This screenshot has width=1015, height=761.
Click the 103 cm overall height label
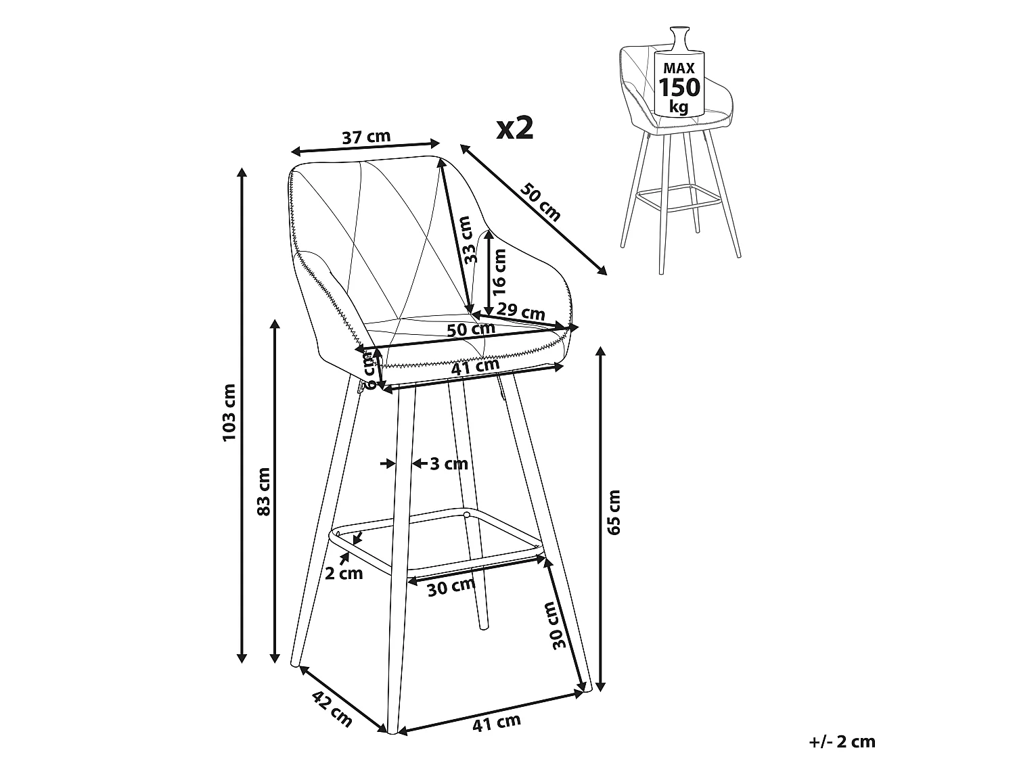[x=230, y=413]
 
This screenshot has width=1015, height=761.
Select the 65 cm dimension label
[x=614, y=513]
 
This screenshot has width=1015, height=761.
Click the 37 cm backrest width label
[x=366, y=137]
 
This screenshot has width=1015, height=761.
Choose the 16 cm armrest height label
[x=499, y=272]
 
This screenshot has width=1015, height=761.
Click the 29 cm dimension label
[x=520, y=312]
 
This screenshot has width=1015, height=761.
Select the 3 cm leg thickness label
[x=449, y=463]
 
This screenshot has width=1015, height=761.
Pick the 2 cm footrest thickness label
[x=344, y=574]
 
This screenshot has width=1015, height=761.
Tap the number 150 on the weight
[x=679, y=87]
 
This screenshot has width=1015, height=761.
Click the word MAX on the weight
[x=679, y=68]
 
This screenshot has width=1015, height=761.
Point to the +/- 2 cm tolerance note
[x=842, y=742]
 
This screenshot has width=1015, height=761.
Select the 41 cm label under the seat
[x=476, y=365]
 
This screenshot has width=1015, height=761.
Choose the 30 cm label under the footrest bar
[x=451, y=586]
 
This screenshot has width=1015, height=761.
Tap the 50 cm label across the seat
[x=471, y=329]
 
